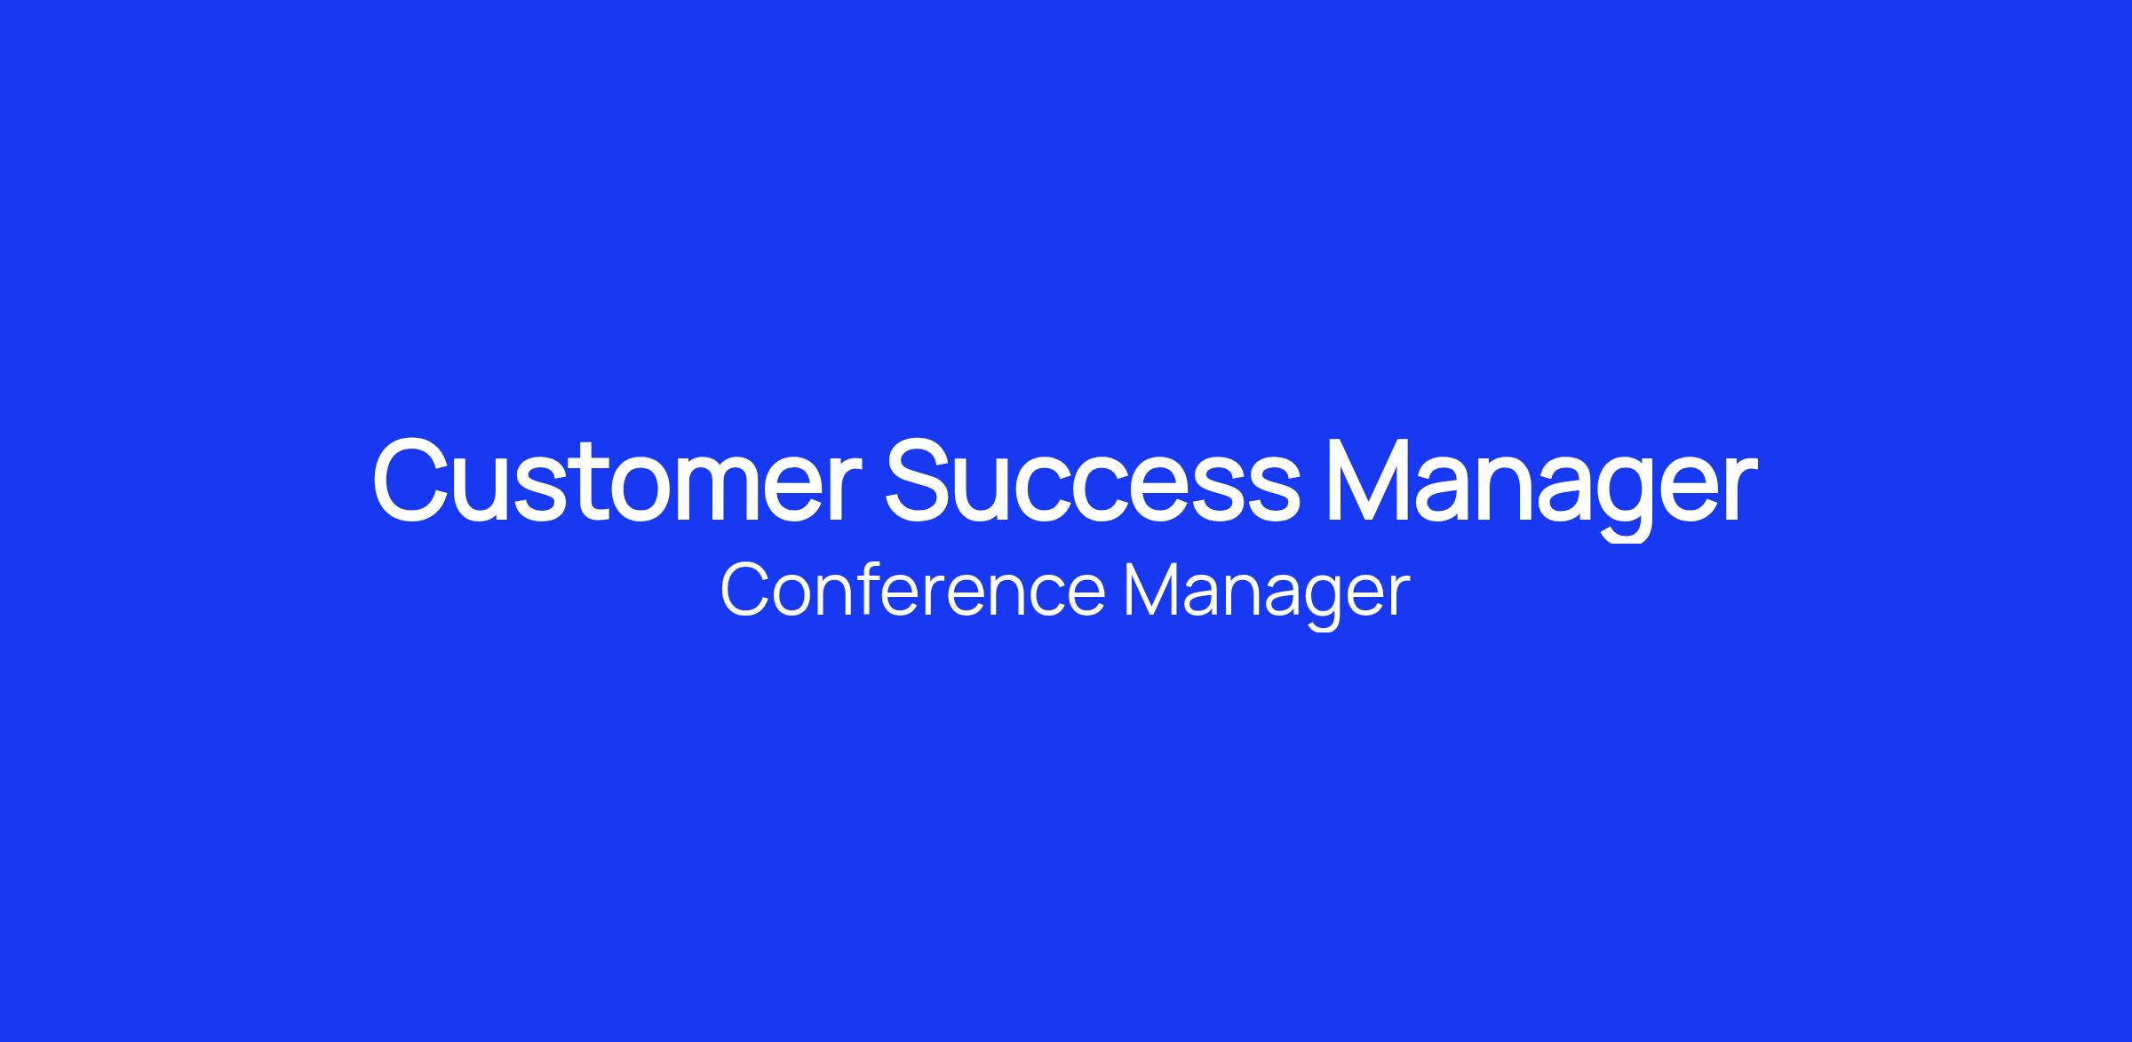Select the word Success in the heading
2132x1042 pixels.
(x=1093, y=480)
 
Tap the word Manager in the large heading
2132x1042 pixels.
(x=1541, y=487)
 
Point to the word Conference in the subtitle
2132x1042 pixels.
(x=912, y=589)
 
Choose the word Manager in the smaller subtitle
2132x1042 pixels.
(x=1267, y=595)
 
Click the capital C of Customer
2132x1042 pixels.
(x=410, y=480)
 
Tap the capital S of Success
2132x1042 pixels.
(x=919, y=480)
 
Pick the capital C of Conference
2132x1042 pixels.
(x=744, y=589)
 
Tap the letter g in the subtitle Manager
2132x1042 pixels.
(x=1317, y=604)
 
